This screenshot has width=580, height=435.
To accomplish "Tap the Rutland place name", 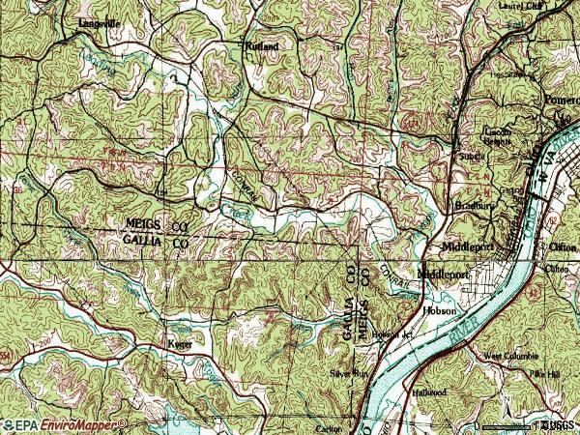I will point(261,45).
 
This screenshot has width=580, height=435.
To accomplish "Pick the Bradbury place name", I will point(475,206).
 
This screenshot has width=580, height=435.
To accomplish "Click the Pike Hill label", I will point(543,373).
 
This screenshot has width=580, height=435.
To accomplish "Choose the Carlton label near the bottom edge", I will point(329,426).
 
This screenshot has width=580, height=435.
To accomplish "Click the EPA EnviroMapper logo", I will point(64,424).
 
